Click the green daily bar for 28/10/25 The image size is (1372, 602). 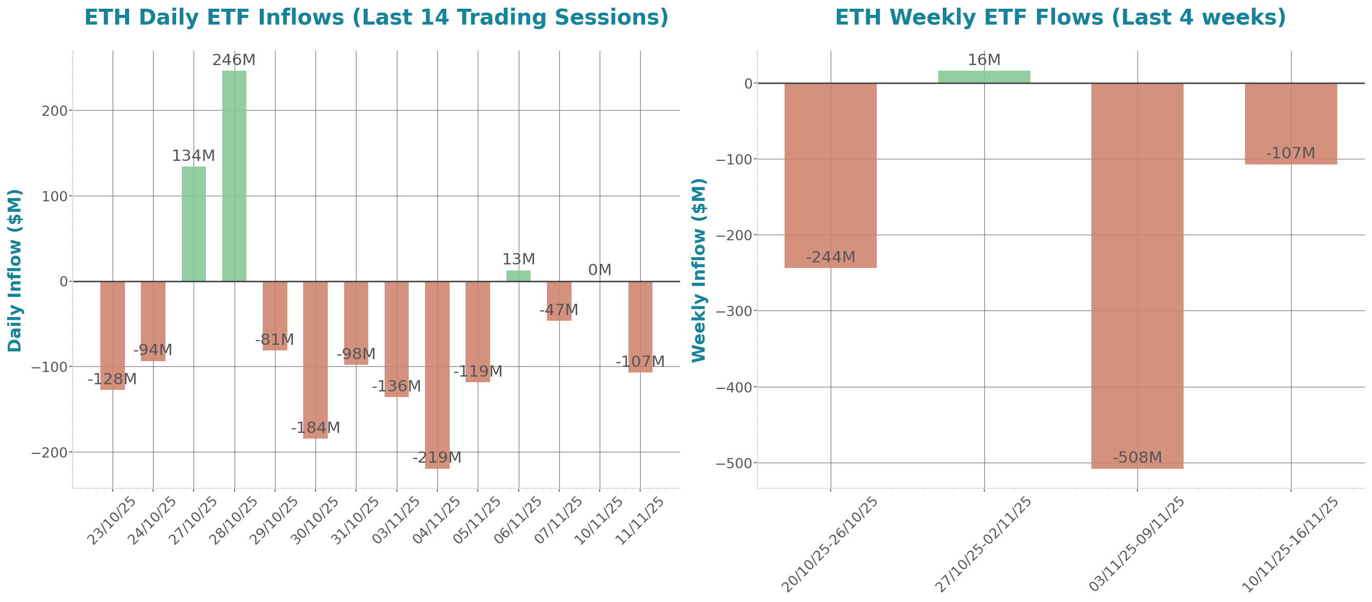click(234, 176)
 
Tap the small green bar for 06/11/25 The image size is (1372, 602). click(518, 276)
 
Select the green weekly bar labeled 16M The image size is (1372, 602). click(984, 77)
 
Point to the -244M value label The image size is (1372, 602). click(830, 257)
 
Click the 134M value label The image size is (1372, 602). click(194, 156)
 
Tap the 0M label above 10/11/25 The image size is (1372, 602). click(599, 270)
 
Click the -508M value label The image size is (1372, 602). click(1137, 457)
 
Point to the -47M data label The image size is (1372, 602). click(559, 310)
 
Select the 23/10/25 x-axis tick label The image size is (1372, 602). click(112, 521)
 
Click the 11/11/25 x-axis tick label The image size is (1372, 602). click(640, 521)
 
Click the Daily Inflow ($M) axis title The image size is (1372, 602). click(15, 271)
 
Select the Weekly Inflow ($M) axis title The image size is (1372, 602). click(699, 271)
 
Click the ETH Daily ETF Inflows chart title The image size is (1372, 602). click(376, 17)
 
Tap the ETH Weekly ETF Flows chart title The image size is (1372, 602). click(1060, 17)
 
